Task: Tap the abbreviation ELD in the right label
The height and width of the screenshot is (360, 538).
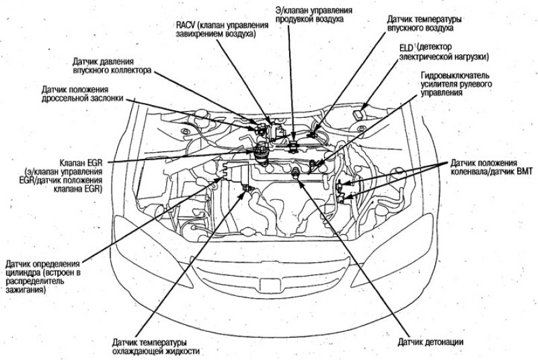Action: tap(406, 48)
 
